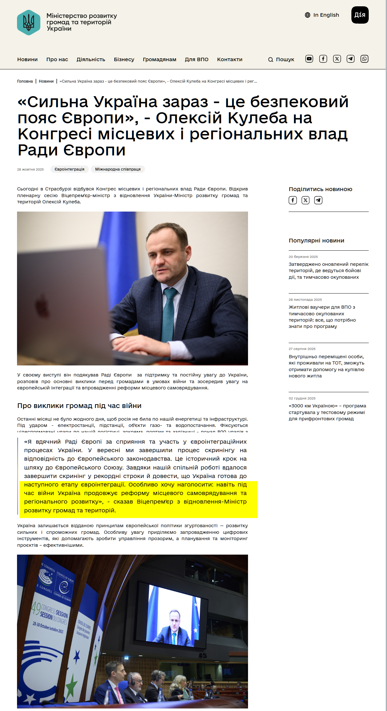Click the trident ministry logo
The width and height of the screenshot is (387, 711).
29,22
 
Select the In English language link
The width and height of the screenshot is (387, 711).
322,15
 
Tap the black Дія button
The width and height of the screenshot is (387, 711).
360,15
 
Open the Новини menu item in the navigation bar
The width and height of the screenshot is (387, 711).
27,60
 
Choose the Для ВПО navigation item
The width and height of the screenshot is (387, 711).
196,60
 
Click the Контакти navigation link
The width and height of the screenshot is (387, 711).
229,60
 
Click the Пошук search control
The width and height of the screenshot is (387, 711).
281,60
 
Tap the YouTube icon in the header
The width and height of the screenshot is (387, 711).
309,59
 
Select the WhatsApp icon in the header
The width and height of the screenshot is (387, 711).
364,59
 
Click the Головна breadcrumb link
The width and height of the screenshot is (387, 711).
25,81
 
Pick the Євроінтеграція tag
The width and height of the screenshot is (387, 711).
69,169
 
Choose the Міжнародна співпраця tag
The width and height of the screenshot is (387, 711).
118,169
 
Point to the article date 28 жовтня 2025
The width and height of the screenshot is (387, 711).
30,170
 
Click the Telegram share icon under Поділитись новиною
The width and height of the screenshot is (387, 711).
318,200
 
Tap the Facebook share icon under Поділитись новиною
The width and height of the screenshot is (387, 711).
293,200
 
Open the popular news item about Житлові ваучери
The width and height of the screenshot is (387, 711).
322,317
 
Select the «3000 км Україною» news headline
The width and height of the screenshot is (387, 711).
327,412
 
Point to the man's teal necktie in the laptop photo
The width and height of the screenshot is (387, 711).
169,315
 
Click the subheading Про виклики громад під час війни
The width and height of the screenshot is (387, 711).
79,406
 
